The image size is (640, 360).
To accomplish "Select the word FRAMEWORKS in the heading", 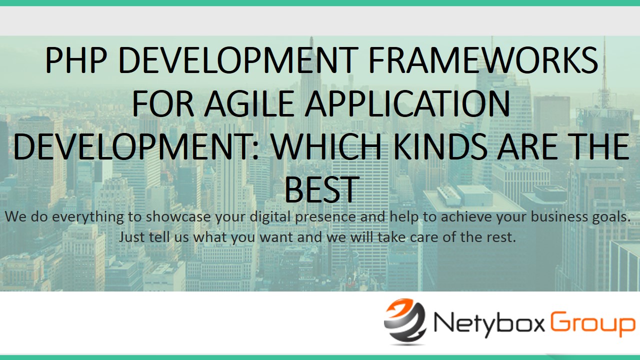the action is (x=483, y=60).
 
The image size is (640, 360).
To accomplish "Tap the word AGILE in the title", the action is (x=249, y=103).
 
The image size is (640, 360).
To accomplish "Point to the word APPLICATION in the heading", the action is (x=407, y=103).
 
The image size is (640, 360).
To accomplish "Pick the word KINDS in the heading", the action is (x=440, y=146).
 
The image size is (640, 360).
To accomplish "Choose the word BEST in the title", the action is (x=322, y=189).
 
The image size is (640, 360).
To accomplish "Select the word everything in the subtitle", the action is (x=87, y=217).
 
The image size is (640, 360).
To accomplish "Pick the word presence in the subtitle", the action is (x=325, y=217).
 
